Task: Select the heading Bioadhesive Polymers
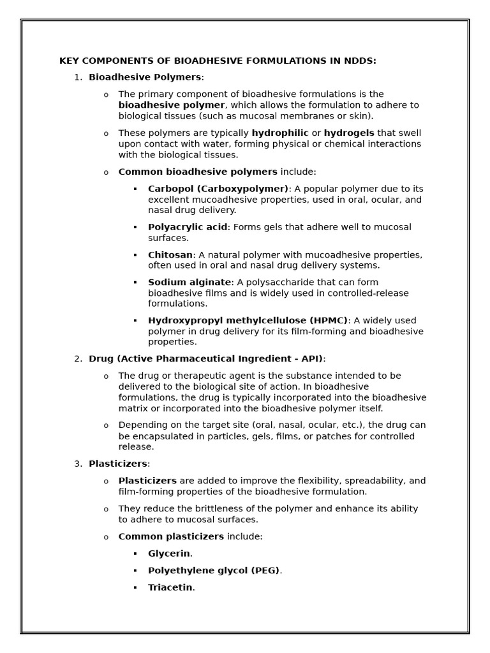145,77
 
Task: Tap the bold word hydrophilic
280,133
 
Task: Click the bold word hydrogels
349,133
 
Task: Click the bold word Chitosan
170,255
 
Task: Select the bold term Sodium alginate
189,282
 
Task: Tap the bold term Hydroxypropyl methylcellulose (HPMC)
248,321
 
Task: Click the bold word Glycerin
169,554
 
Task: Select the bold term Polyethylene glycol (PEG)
214,571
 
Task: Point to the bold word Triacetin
170,587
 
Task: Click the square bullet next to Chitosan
135,255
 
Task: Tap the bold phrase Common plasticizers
171,537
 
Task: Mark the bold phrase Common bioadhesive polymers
198,172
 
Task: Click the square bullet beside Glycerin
135,554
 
